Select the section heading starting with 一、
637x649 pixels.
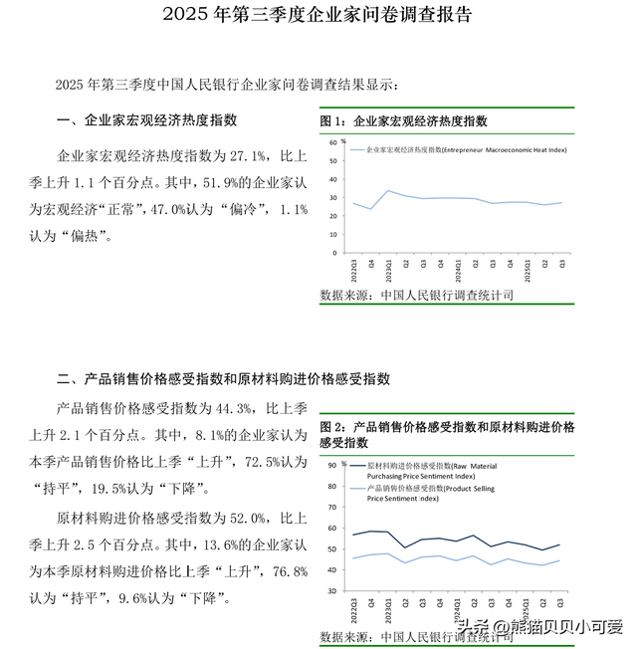coord(147,120)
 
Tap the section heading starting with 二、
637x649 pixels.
coord(223,378)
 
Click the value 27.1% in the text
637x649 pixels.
coord(248,156)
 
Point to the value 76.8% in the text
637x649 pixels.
coord(289,571)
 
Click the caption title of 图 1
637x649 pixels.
coord(403,120)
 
